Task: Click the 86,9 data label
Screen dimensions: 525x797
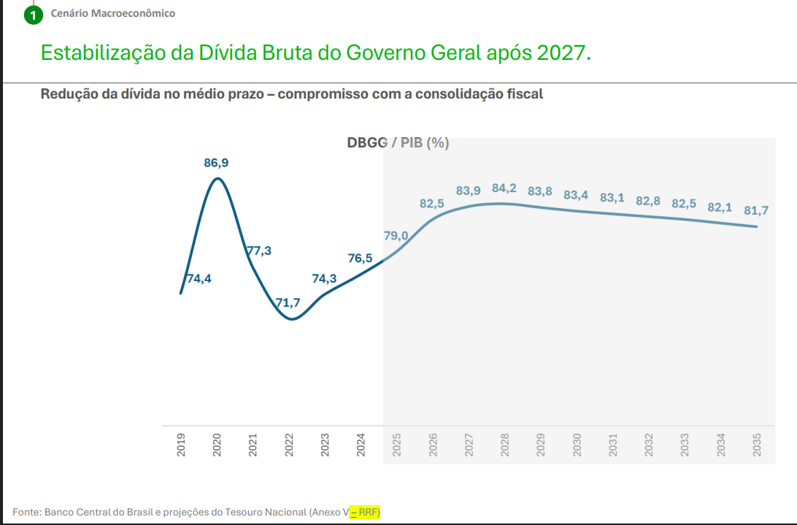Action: click(216, 163)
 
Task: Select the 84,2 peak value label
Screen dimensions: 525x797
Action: click(504, 188)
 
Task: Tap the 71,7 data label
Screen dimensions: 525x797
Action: click(288, 302)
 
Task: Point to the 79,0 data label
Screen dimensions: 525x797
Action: click(396, 235)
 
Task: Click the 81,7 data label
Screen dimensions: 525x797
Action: click(756, 210)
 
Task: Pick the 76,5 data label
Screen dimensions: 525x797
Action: click(361, 258)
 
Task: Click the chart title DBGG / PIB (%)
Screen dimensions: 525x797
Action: click(398, 143)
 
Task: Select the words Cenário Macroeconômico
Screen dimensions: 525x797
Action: click(113, 13)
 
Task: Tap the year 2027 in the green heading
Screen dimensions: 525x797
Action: click(561, 53)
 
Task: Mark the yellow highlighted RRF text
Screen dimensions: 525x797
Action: click(369, 513)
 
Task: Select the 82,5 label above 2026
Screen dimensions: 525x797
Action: click(432, 204)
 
